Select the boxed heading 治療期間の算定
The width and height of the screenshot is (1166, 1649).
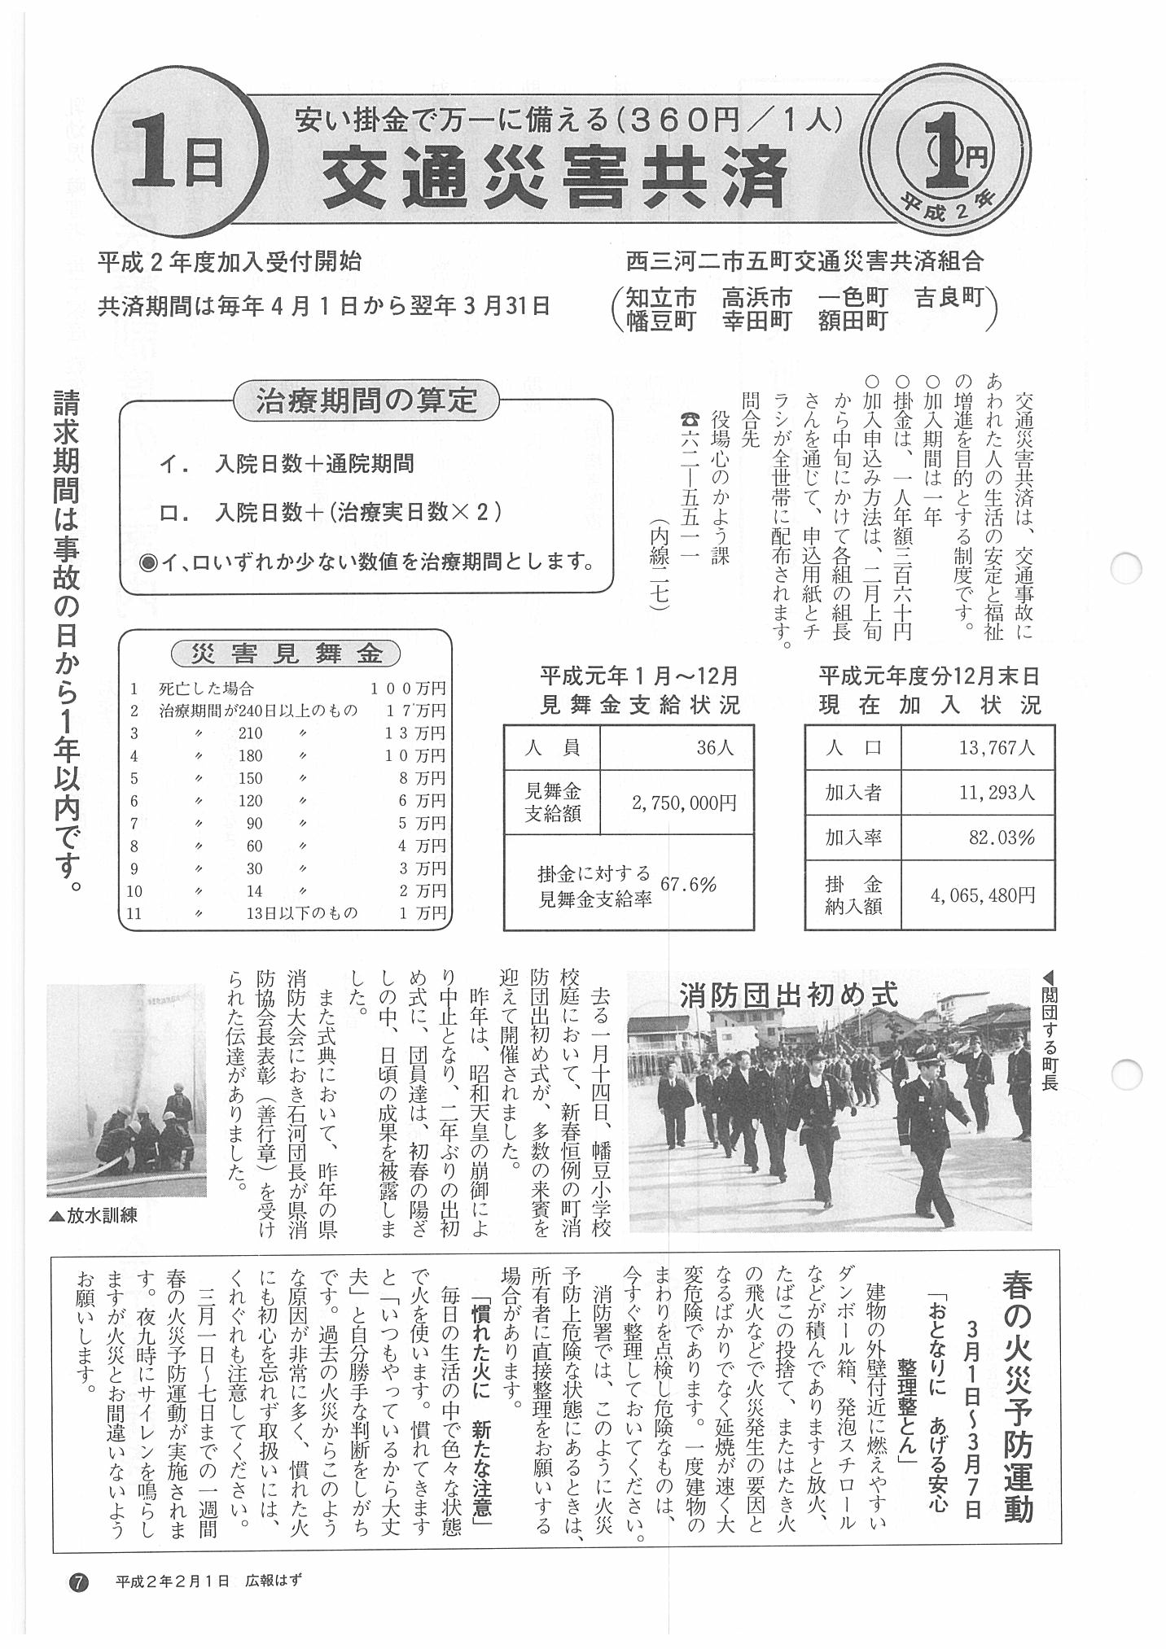pyautogui.click(x=366, y=402)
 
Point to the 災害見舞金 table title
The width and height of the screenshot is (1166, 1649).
pyautogui.click(x=286, y=653)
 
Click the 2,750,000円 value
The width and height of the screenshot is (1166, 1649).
pyautogui.click(x=684, y=803)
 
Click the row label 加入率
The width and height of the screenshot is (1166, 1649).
pyautogui.click(x=853, y=838)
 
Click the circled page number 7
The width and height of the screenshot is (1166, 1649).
pyautogui.click(x=80, y=1581)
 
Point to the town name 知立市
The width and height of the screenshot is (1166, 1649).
pyautogui.click(x=660, y=297)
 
